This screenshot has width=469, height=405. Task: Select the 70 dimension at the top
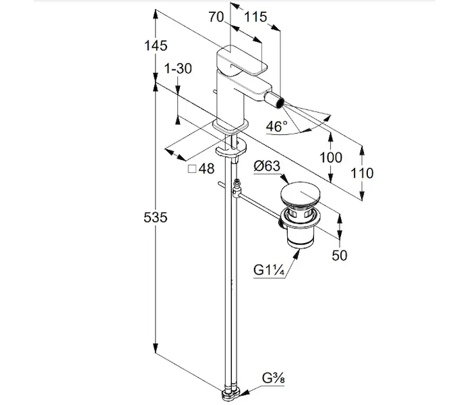[x=216, y=18]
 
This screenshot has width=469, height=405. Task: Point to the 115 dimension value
[x=255, y=18]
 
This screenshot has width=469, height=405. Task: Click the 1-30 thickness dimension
[x=178, y=68]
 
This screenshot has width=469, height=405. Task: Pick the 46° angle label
[x=276, y=126]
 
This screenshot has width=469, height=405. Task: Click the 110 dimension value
[x=362, y=173]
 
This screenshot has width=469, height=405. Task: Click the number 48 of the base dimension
[x=207, y=169]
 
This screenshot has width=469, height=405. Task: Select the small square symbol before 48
[x=191, y=169]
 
